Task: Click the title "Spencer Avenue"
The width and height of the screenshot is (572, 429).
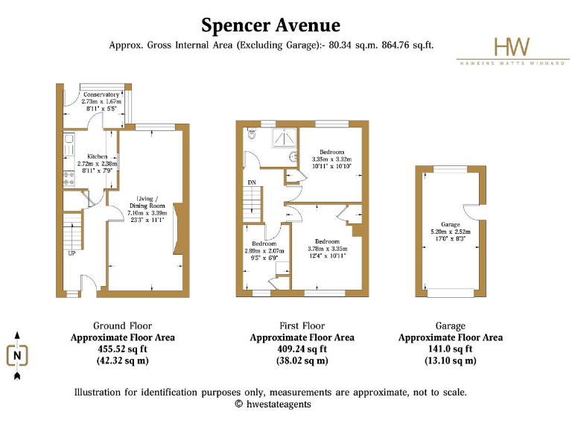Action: (270, 25)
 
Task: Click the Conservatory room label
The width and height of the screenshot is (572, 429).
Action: (101, 95)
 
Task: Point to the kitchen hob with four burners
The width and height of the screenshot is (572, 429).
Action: (67, 178)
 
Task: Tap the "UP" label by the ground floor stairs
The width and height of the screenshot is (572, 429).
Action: (71, 253)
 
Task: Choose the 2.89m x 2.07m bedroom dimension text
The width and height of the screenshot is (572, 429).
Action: (264, 251)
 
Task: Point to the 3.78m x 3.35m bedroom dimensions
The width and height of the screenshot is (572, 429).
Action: (328, 249)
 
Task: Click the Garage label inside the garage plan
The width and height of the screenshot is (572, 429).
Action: (451, 224)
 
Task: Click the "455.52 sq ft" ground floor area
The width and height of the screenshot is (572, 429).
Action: (123, 349)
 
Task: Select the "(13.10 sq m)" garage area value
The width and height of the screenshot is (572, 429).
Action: (451, 361)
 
